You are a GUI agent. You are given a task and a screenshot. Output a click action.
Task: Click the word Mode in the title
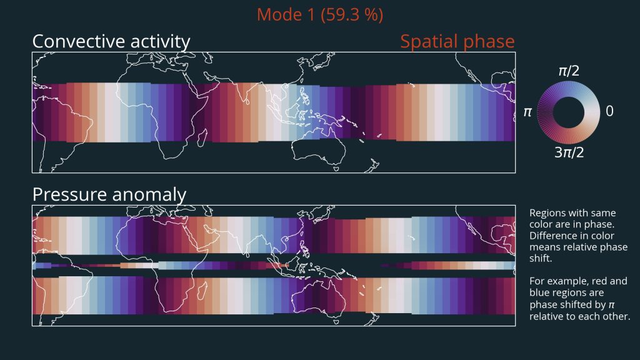[281, 15]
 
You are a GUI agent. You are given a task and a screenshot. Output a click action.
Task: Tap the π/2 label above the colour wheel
[569, 71]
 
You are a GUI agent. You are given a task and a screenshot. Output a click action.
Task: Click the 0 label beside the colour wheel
[609, 111]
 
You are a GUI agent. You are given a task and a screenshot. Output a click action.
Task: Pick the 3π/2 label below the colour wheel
[569, 152]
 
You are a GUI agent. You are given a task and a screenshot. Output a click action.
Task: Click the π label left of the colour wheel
[527, 112]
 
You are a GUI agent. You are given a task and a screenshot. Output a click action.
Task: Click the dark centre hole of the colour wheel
[569, 112]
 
